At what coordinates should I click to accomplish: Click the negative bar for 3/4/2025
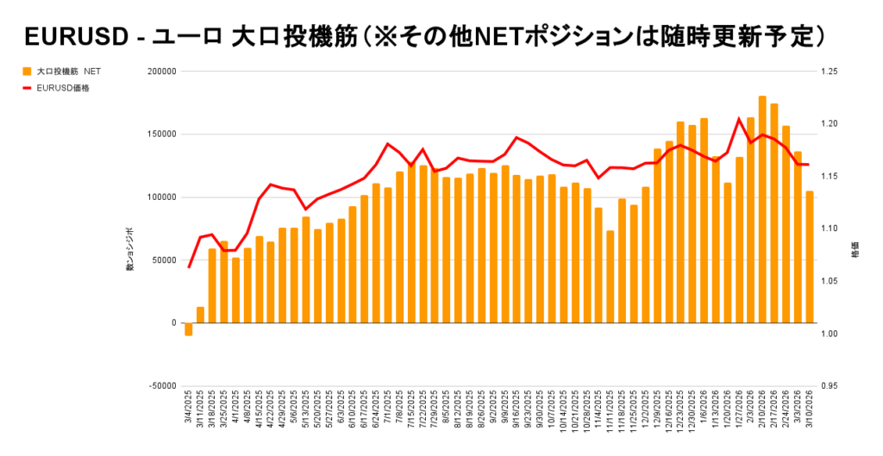188,329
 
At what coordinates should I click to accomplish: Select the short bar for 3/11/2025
200,315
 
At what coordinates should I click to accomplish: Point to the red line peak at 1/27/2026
739,119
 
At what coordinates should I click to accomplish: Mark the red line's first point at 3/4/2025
189,267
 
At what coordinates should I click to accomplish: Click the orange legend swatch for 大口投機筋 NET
27,71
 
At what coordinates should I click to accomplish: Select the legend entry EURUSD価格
63,87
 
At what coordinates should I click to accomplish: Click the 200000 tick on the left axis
158,72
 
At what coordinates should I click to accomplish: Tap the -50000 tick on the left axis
158,385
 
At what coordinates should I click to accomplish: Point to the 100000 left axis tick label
158,197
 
